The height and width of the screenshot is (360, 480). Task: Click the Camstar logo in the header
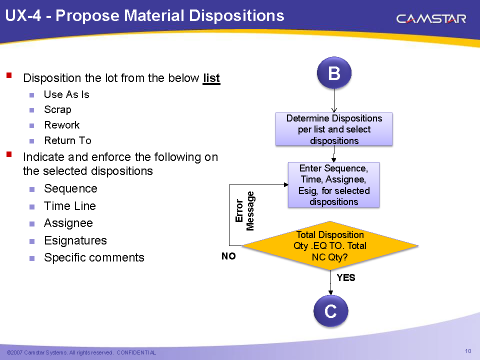pyautogui.click(x=431, y=19)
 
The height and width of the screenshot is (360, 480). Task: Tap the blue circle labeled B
pyautogui.click(x=334, y=73)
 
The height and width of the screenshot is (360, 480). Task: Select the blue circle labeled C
pyautogui.click(x=330, y=311)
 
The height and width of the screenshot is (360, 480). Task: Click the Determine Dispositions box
pyautogui.click(x=334, y=129)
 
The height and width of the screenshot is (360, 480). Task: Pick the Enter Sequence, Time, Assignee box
pyautogui.click(x=333, y=184)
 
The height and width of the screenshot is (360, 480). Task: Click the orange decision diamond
pyautogui.click(x=330, y=245)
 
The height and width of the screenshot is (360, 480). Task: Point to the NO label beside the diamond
pyautogui.click(x=228, y=256)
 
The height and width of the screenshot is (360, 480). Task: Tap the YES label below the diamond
pyautogui.click(x=346, y=277)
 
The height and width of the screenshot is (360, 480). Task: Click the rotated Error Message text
pyautogui.click(x=245, y=211)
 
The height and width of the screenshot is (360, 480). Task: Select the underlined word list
pyautogui.click(x=211, y=78)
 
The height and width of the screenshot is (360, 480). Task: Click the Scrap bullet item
pyautogui.click(x=57, y=109)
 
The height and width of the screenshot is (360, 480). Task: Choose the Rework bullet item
pyautogui.click(x=61, y=125)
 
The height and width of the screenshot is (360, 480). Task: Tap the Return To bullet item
pyautogui.click(x=67, y=140)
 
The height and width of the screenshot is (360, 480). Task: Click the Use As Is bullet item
pyautogui.click(x=66, y=94)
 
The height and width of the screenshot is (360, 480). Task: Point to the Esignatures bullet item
pyautogui.click(x=75, y=240)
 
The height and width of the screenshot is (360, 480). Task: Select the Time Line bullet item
pyautogui.click(x=70, y=206)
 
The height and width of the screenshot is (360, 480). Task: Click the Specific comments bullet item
pyautogui.click(x=94, y=257)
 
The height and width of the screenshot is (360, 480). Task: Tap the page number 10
pyautogui.click(x=468, y=351)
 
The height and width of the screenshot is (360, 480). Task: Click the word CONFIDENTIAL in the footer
pyautogui.click(x=136, y=352)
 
